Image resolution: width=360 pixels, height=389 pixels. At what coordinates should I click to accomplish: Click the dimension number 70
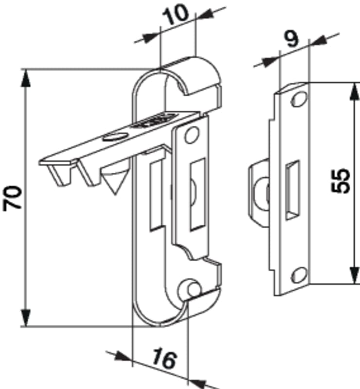point(13,198)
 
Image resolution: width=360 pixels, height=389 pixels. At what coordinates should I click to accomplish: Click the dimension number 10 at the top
point(175,15)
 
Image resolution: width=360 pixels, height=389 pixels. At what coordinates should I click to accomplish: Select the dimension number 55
point(341,180)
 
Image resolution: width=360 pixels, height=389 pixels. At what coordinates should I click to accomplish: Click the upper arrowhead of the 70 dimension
point(26,78)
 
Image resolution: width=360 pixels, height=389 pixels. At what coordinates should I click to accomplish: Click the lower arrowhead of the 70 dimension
point(26,318)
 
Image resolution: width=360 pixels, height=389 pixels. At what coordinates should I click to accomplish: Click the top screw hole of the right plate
point(299,99)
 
